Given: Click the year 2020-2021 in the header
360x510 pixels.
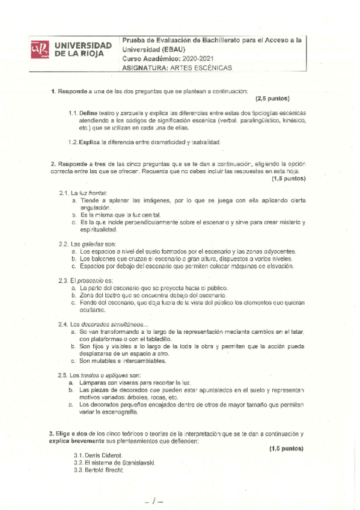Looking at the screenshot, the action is [201, 58].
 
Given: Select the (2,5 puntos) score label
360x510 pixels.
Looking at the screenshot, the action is [273, 99].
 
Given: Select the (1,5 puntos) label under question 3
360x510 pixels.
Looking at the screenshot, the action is [286, 448].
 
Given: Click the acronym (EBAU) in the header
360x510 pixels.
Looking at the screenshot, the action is [174, 49].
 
